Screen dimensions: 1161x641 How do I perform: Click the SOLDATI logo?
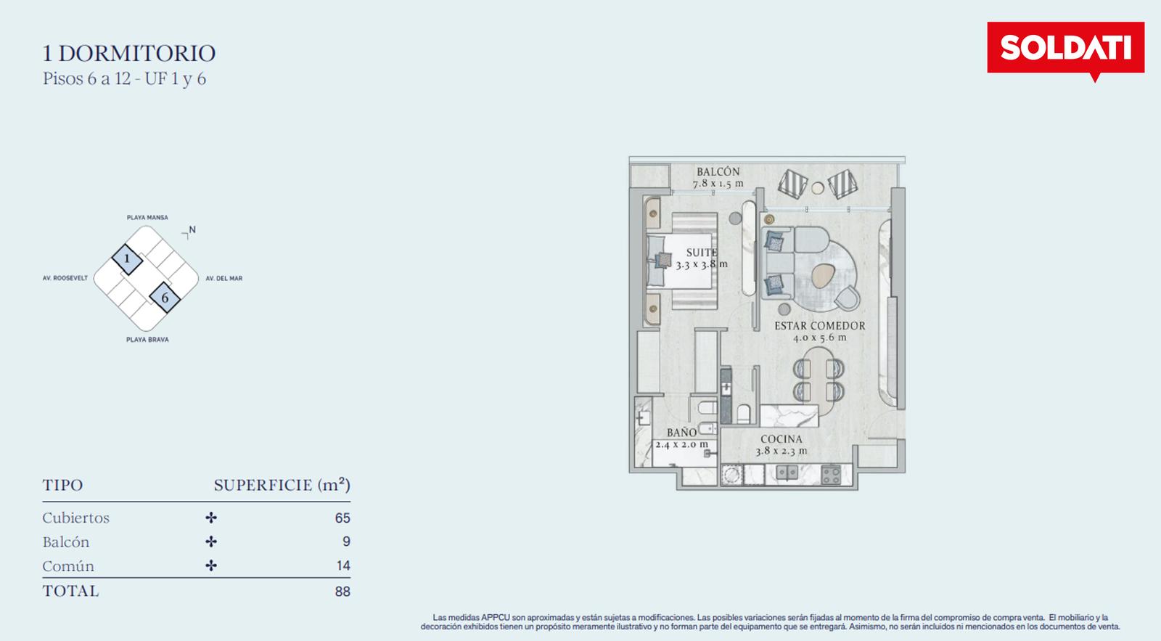[1066, 49]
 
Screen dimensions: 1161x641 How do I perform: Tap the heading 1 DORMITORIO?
[129, 54]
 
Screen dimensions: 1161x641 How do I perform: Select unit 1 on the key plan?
[127, 259]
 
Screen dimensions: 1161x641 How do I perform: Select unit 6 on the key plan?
[165, 298]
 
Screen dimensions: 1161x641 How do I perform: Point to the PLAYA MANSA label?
[147, 217]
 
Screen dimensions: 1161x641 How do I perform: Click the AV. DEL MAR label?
[224, 279]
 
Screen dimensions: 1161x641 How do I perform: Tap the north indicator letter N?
[192, 229]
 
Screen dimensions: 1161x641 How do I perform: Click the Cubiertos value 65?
[342, 518]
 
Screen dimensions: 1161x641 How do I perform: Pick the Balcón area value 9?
[346, 542]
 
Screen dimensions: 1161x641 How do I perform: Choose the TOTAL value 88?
[342, 592]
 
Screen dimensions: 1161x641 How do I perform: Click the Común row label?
[68, 566]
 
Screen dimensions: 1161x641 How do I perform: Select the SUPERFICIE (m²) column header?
[282, 485]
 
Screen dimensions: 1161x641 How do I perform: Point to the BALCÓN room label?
[718, 171]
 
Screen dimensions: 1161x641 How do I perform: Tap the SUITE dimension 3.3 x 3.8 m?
[701, 264]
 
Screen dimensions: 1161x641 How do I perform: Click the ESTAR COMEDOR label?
[819, 326]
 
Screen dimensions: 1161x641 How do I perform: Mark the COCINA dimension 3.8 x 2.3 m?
[781, 451]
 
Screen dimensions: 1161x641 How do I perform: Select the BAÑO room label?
[681, 433]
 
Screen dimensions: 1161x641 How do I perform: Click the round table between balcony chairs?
[817, 188]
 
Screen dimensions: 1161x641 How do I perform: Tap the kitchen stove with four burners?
[831, 475]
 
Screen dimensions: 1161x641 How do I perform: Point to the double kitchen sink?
[787, 473]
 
